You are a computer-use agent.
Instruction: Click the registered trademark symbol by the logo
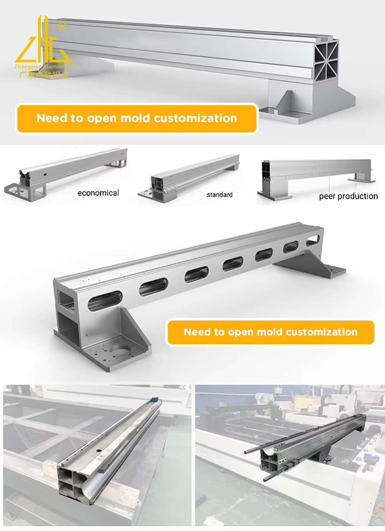tap(62, 27)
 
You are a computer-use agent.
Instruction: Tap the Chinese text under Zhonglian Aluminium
tap(44, 75)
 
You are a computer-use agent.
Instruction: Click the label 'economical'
tap(98, 193)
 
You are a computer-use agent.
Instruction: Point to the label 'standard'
tap(219, 195)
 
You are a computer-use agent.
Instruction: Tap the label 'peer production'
tap(348, 196)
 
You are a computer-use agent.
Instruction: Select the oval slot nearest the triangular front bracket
tap(105, 301)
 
